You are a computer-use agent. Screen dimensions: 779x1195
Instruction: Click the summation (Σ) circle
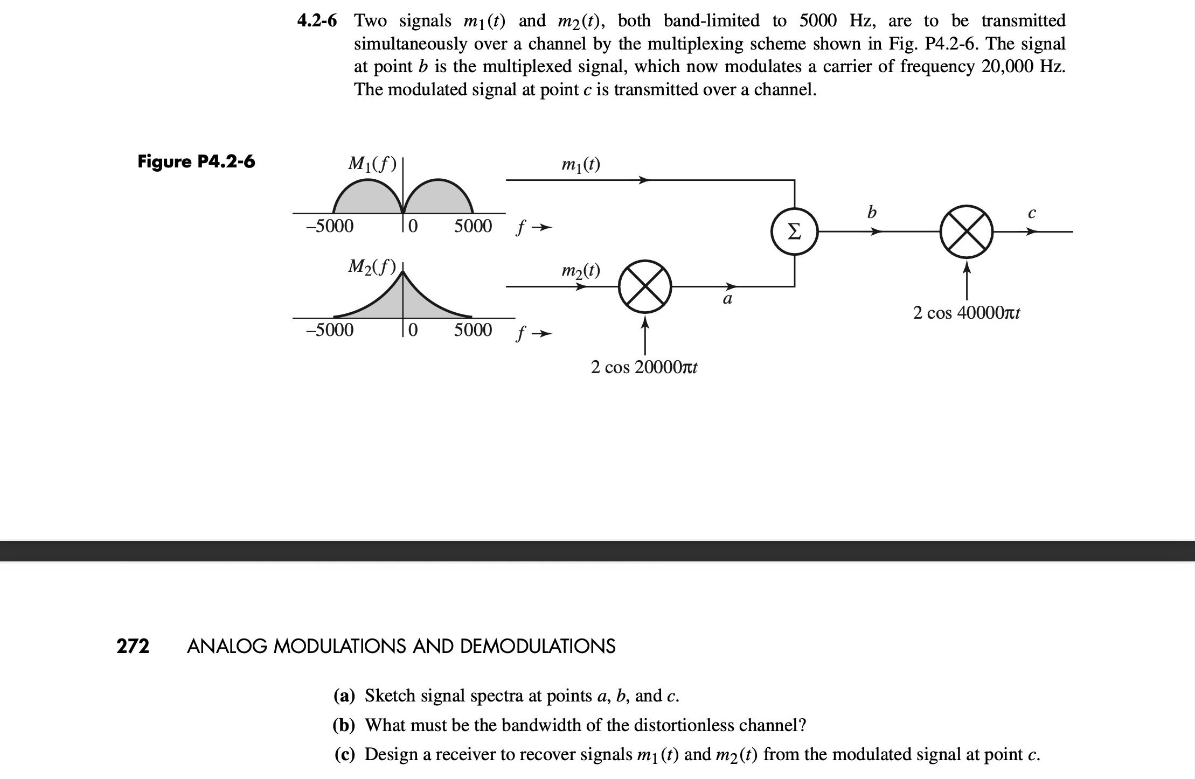click(x=795, y=231)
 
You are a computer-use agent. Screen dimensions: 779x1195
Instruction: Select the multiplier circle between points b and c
click(x=967, y=231)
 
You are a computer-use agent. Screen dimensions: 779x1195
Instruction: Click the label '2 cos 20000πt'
click(x=644, y=367)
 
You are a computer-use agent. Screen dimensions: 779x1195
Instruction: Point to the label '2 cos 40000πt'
click(x=967, y=312)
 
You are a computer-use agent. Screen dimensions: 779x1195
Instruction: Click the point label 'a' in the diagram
click(x=727, y=299)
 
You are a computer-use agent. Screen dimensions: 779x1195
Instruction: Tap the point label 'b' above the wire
click(x=872, y=213)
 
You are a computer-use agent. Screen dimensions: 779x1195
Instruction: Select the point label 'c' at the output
click(x=1031, y=214)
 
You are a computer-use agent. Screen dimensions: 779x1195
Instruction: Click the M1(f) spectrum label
click(x=372, y=163)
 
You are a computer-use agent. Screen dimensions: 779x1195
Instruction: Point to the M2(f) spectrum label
click(x=372, y=266)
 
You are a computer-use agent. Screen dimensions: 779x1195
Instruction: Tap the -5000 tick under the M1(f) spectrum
click(x=330, y=226)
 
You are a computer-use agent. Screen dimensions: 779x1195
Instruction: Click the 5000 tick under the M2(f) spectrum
click(x=473, y=329)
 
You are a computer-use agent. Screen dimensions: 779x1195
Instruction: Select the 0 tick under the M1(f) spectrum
click(x=412, y=226)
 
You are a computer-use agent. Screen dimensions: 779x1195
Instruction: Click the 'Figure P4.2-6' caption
click(x=196, y=161)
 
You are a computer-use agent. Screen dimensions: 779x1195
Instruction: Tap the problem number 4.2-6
click(x=317, y=21)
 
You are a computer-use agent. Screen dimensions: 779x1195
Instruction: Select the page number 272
click(x=133, y=645)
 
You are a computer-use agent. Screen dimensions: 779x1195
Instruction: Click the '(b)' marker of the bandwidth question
click(x=344, y=725)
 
